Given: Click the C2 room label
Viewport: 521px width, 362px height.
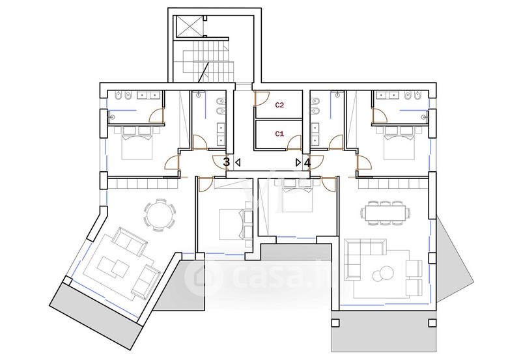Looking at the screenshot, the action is click(x=279, y=105).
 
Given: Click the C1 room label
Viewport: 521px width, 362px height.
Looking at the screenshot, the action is click(x=279, y=134).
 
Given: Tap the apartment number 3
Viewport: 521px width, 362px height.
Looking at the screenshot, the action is click(x=226, y=162).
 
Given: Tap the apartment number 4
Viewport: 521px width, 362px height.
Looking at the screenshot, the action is click(x=307, y=163).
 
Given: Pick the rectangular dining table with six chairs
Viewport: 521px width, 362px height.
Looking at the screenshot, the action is click(x=385, y=213).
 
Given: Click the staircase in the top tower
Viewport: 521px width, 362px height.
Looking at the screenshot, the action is click(x=208, y=61).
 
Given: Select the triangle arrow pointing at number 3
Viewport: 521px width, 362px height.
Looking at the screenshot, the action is click(x=238, y=163).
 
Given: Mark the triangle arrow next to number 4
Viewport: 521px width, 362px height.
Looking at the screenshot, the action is click(x=298, y=163).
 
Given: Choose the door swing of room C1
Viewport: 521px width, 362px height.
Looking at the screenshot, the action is click(x=294, y=143).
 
